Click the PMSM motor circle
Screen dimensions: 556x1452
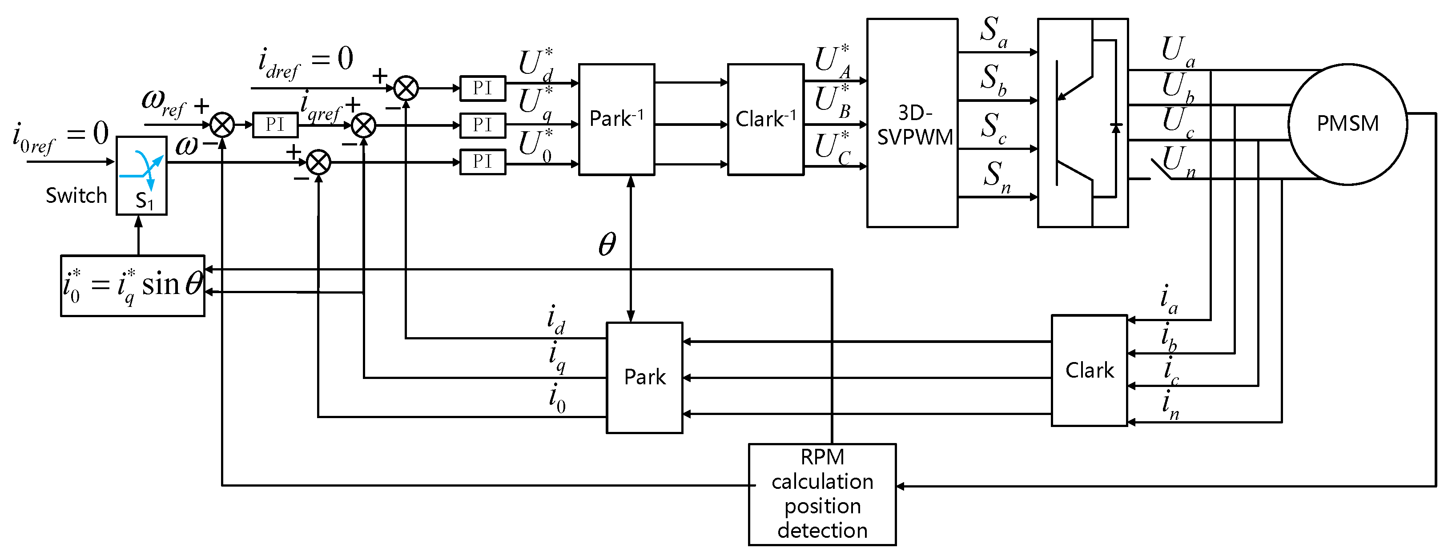point(1347,124)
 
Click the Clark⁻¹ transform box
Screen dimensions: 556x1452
point(765,119)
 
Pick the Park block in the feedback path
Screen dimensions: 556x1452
point(644,377)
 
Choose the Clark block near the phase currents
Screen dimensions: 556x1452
point(1089,371)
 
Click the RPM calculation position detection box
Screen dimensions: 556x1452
point(822,494)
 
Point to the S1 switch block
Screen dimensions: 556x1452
point(141,175)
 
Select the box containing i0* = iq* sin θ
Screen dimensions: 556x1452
point(133,285)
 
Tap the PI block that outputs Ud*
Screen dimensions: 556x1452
point(483,88)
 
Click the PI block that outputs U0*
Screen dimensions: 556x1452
point(483,162)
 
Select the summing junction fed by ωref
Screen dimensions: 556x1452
point(222,125)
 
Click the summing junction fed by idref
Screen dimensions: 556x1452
point(406,89)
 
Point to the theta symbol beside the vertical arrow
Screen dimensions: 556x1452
point(607,245)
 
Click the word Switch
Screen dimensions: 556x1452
point(76,196)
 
